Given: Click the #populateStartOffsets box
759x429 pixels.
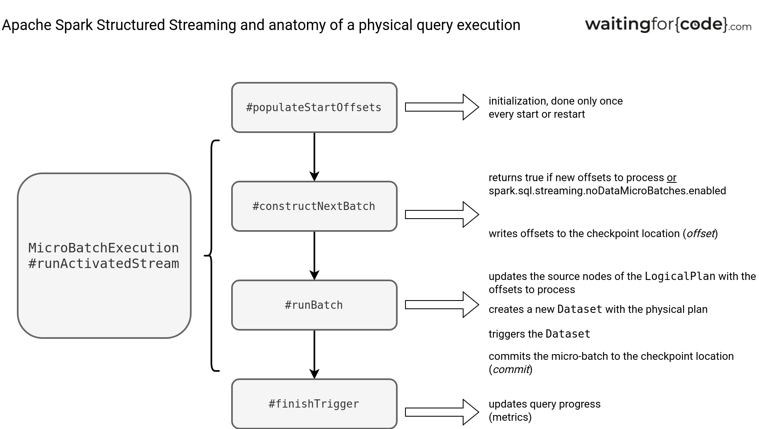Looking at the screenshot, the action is coord(314,107).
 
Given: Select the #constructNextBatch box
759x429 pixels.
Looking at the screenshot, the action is coord(314,206).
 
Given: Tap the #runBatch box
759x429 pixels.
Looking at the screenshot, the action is coord(314,305).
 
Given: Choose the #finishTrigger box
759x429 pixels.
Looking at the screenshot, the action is coord(314,404).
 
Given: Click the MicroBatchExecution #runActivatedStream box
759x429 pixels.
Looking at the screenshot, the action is coord(104,256).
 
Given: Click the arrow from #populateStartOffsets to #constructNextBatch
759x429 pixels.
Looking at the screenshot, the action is coord(314,157).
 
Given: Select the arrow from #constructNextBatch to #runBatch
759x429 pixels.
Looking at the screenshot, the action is coord(314,256).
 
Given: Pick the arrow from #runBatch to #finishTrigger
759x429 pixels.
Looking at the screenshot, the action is coord(314,354).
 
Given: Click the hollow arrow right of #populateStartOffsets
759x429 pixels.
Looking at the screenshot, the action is coord(442,107).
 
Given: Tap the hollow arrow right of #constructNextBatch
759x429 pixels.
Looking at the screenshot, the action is coord(442,214).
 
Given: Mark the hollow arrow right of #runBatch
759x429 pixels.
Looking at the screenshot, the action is coord(442,305).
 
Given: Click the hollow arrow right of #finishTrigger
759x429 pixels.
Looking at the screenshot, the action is coord(442,412).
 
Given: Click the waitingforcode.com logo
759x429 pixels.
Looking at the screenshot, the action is coord(668,24).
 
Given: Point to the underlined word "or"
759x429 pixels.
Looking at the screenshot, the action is coord(672,178).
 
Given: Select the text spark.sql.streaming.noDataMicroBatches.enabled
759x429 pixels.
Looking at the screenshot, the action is coord(607,191).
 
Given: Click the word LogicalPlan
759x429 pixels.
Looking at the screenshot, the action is coord(680,276).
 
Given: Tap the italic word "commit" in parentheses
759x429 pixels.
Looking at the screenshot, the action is coord(511,369).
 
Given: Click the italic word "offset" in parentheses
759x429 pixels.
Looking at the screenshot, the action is coord(700,233).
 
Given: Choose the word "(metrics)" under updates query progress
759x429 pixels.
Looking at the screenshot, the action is coord(510,417).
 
